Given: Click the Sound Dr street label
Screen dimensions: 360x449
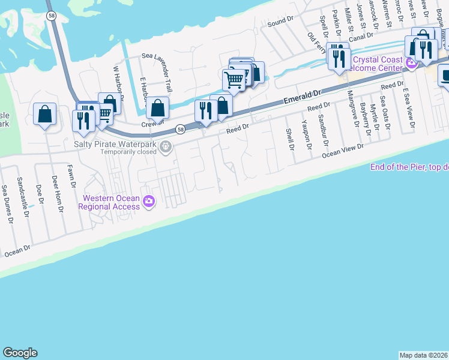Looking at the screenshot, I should [x=280, y=22].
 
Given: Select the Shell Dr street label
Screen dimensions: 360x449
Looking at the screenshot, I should [x=290, y=139].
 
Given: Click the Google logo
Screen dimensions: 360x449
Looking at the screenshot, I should [x=20, y=353].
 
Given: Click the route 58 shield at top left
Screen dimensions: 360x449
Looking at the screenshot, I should [x=52, y=16].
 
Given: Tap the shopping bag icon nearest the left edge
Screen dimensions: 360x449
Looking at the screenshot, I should [x=44, y=113].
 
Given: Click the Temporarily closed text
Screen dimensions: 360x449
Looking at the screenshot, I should [x=129, y=152].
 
